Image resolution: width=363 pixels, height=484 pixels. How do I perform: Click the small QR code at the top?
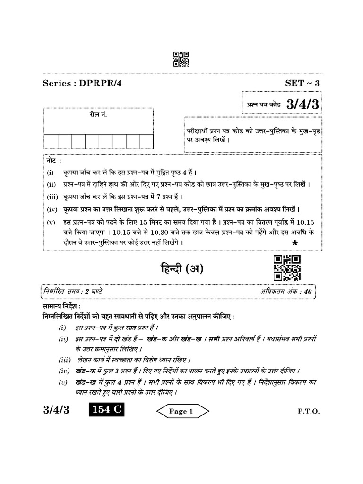tap(181, 60)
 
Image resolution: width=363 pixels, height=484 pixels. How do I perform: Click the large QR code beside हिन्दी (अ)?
tap(287, 268)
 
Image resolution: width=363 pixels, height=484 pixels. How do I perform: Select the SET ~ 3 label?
tap(302, 83)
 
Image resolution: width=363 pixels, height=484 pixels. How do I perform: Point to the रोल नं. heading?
tap(98, 115)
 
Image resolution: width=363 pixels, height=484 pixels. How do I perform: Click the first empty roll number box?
tap(51, 141)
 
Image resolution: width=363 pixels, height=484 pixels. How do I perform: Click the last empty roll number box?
tap(147, 141)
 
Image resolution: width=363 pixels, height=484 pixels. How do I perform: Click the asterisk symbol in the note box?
tap(295, 243)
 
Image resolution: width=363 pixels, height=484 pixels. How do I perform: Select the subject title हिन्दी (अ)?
tap(181, 269)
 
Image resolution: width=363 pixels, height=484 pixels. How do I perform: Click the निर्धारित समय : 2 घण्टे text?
tap(73, 291)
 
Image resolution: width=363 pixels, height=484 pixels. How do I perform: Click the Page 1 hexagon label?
tap(181, 411)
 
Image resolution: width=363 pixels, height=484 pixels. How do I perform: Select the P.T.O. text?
tap(309, 411)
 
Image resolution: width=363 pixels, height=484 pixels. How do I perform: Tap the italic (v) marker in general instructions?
tap(63, 382)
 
